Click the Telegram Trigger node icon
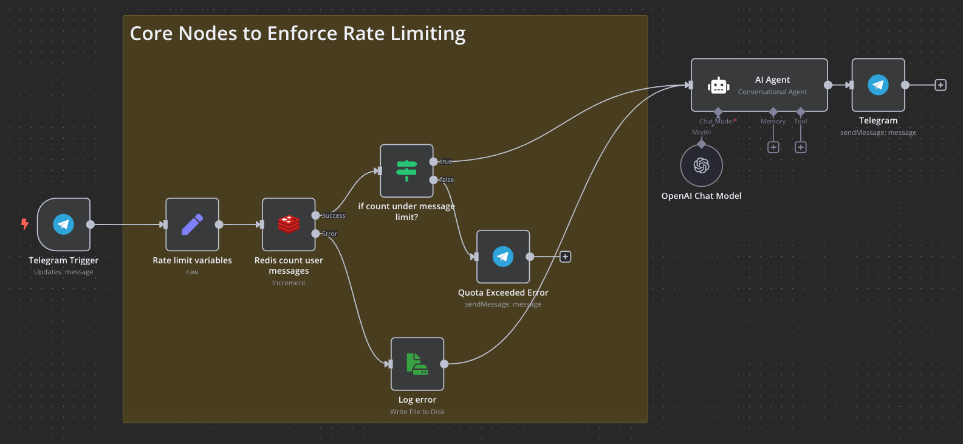(x=64, y=224)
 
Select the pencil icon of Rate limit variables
(x=192, y=224)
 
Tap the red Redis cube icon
(x=289, y=224)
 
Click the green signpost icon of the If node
(x=406, y=171)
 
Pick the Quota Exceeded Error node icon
(x=503, y=257)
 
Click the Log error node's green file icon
(x=417, y=364)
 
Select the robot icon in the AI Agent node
(x=719, y=86)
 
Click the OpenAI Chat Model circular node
(x=701, y=165)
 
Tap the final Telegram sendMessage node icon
(x=878, y=85)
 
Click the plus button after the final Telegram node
(x=941, y=85)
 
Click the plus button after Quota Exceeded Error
(x=565, y=257)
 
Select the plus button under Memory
(x=773, y=147)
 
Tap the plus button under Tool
(x=801, y=147)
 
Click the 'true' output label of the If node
(x=446, y=162)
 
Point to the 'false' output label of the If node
(x=447, y=180)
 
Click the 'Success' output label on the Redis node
(x=334, y=216)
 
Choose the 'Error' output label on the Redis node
(x=329, y=234)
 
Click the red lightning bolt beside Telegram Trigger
(x=25, y=224)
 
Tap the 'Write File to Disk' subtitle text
(x=417, y=412)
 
